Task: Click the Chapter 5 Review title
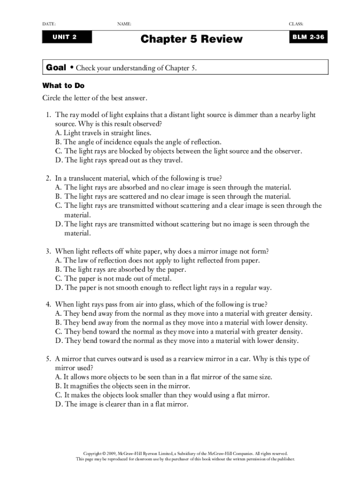(x=192, y=39)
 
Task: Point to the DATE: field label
(x=49, y=24)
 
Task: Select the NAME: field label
(x=124, y=24)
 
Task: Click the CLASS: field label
(x=296, y=24)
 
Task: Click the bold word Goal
(x=56, y=68)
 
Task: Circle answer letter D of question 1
(x=58, y=160)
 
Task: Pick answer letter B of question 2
(x=58, y=196)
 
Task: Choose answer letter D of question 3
(x=58, y=288)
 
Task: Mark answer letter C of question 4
(x=58, y=332)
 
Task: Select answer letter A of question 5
(x=58, y=377)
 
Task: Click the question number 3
(x=48, y=251)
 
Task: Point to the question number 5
(x=48, y=359)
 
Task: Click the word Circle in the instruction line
(x=52, y=98)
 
